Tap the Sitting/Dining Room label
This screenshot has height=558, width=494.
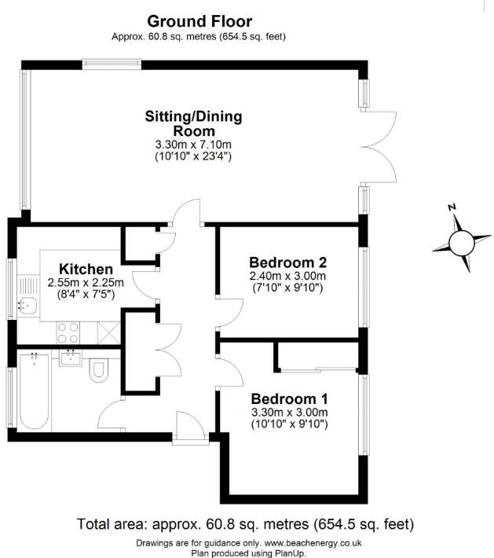coord(193,123)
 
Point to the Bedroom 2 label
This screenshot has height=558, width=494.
coord(287,262)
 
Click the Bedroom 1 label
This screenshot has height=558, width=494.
coord(288,398)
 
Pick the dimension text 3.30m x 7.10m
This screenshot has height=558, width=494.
coord(193,144)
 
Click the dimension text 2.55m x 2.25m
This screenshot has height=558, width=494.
coord(81,283)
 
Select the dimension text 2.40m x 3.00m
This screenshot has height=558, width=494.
coord(287,276)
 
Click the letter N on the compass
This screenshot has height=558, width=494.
coord(452,207)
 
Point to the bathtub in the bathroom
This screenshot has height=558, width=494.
coord(34,391)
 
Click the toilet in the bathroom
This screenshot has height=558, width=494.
coord(100,369)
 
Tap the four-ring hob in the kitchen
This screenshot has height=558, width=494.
coord(67,332)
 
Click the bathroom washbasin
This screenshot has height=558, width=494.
coord(71,358)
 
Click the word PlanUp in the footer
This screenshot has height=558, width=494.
coord(288,552)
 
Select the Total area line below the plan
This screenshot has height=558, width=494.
coord(245,524)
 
